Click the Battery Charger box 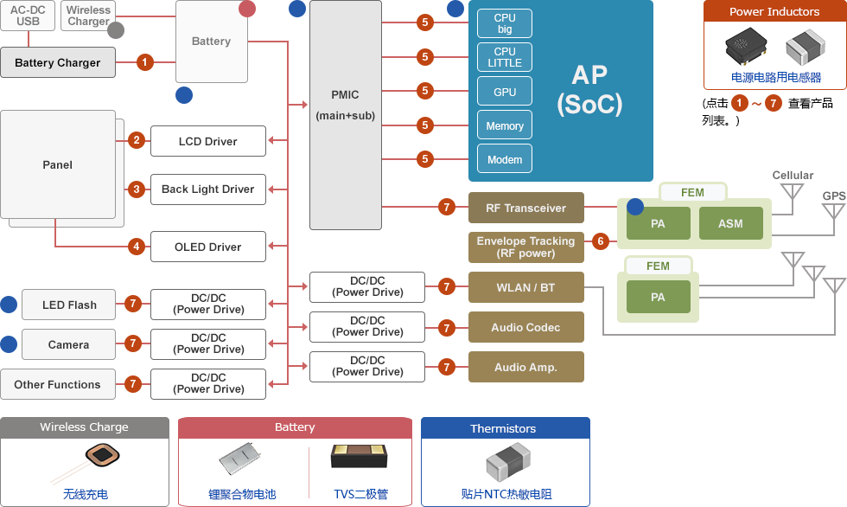tap(58, 62)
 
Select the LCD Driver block tap(207, 141)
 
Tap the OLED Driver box tap(207, 247)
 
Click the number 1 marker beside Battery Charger tap(145, 62)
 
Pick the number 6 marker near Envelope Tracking tap(601, 241)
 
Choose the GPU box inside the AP tap(505, 92)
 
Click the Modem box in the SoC tap(505, 159)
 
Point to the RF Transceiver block tap(525, 208)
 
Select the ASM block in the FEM tap(730, 223)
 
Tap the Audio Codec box tap(525, 327)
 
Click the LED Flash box tap(69, 305)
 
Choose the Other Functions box tap(57, 384)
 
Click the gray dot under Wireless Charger tap(116, 30)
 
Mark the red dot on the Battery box tap(247, 9)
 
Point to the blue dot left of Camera tap(9, 344)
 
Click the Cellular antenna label tap(793, 175)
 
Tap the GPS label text tap(834, 196)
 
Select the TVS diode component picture tap(360, 458)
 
